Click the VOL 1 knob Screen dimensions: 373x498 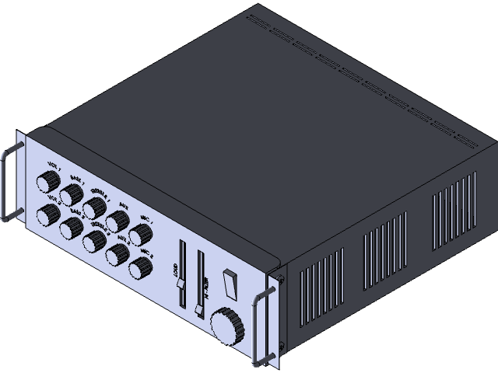pos(48,183)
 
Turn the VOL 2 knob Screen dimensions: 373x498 pos(48,215)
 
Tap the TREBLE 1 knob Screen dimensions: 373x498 pos(95,207)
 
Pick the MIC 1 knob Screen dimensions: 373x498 pos(140,235)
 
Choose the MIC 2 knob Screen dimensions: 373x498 pos(140,268)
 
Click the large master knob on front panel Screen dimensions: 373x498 pos(226,326)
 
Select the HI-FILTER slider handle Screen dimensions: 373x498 pos(200,309)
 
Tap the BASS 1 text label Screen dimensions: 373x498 pos(76,178)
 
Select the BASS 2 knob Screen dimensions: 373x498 pos(72,228)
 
